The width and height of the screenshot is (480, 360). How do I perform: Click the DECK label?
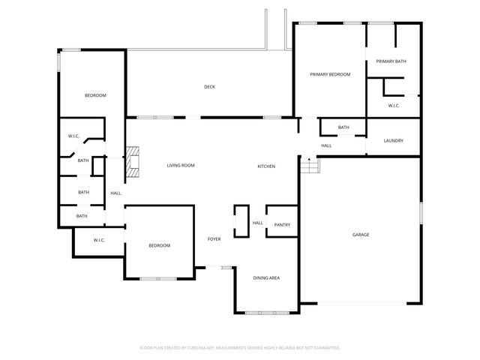pyautogui.click(x=210, y=87)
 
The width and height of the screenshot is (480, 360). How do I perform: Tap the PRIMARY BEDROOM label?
pyautogui.click(x=331, y=74)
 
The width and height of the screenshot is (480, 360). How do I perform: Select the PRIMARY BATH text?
pyautogui.click(x=391, y=61)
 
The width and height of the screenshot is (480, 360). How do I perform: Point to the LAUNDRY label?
pyautogui.click(x=394, y=141)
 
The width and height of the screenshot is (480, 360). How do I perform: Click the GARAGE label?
pyautogui.click(x=361, y=235)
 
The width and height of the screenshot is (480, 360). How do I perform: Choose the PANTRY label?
pyautogui.click(x=282, y=225)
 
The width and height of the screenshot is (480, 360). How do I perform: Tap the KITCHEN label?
pyautogui.click(x=267, y=166)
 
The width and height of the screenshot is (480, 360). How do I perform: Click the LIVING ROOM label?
pyautogui.click(x=181, y=165)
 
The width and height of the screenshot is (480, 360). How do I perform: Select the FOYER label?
pyautogui.click(x=214, y=239)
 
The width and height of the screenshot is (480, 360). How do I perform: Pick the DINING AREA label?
pyautogui.click(x=266, y=278)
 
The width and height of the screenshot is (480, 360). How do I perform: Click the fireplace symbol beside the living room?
pyautogui.click(x=133, y=162)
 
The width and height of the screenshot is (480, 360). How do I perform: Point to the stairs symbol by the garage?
pyautogui.click(x=310, y=163)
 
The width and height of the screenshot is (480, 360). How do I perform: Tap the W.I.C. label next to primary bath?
pyautogui.click(x=394, y=106)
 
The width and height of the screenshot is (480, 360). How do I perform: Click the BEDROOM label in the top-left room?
pyautogui.click(x=95, y=95)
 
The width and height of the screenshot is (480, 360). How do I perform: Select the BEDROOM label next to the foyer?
pyautogui.click(x=159, y=246)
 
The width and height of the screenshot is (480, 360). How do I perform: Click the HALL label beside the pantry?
pyautogui.click(x=257, y=223)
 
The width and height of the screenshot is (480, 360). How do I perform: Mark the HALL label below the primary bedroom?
pyautogui.click(x=326, y=145)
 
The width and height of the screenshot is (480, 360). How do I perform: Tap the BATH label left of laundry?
pyautogui.click(x=343, y=127)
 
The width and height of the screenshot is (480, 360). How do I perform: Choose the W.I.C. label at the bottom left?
pyautogui.click(x=99, y=240)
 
